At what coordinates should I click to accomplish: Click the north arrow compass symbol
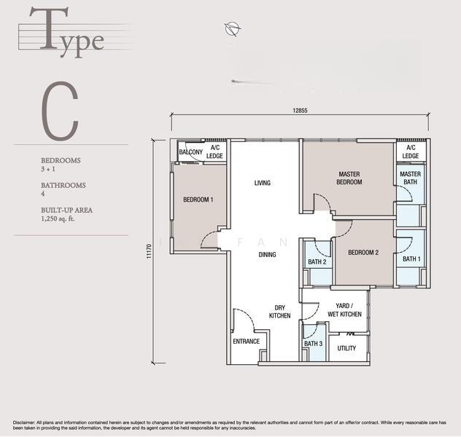[x=233, y=28]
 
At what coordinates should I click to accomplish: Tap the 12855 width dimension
[x=300, y=111]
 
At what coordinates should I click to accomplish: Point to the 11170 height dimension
[x=149, y=251]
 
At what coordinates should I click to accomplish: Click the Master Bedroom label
[x=349, y=178]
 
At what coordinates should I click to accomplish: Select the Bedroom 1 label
[x=198, y=200]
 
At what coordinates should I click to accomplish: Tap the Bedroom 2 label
[x=363, y=253]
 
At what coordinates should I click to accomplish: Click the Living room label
[x=263, y=183]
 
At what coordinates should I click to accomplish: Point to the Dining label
[x=267, y=254]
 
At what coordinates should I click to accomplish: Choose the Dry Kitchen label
[x=280, y=312]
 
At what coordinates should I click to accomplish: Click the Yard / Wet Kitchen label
[x=344, y=310]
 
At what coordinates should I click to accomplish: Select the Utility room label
[x=346, y=348]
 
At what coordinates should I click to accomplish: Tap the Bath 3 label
[x=314, y=343]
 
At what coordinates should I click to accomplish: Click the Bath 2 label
[x=317, y=261]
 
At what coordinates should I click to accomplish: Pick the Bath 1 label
[x=411, y=259]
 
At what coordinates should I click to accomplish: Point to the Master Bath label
[x=410, y=178]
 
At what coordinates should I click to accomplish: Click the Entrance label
[x=247, y=342]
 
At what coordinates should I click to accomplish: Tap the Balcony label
[x=191, y=152]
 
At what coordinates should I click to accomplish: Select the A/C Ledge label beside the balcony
[x=214, y=151]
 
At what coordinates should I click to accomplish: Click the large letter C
[x=60, y=111]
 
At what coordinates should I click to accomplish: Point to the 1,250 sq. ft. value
[x=58, y=219]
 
